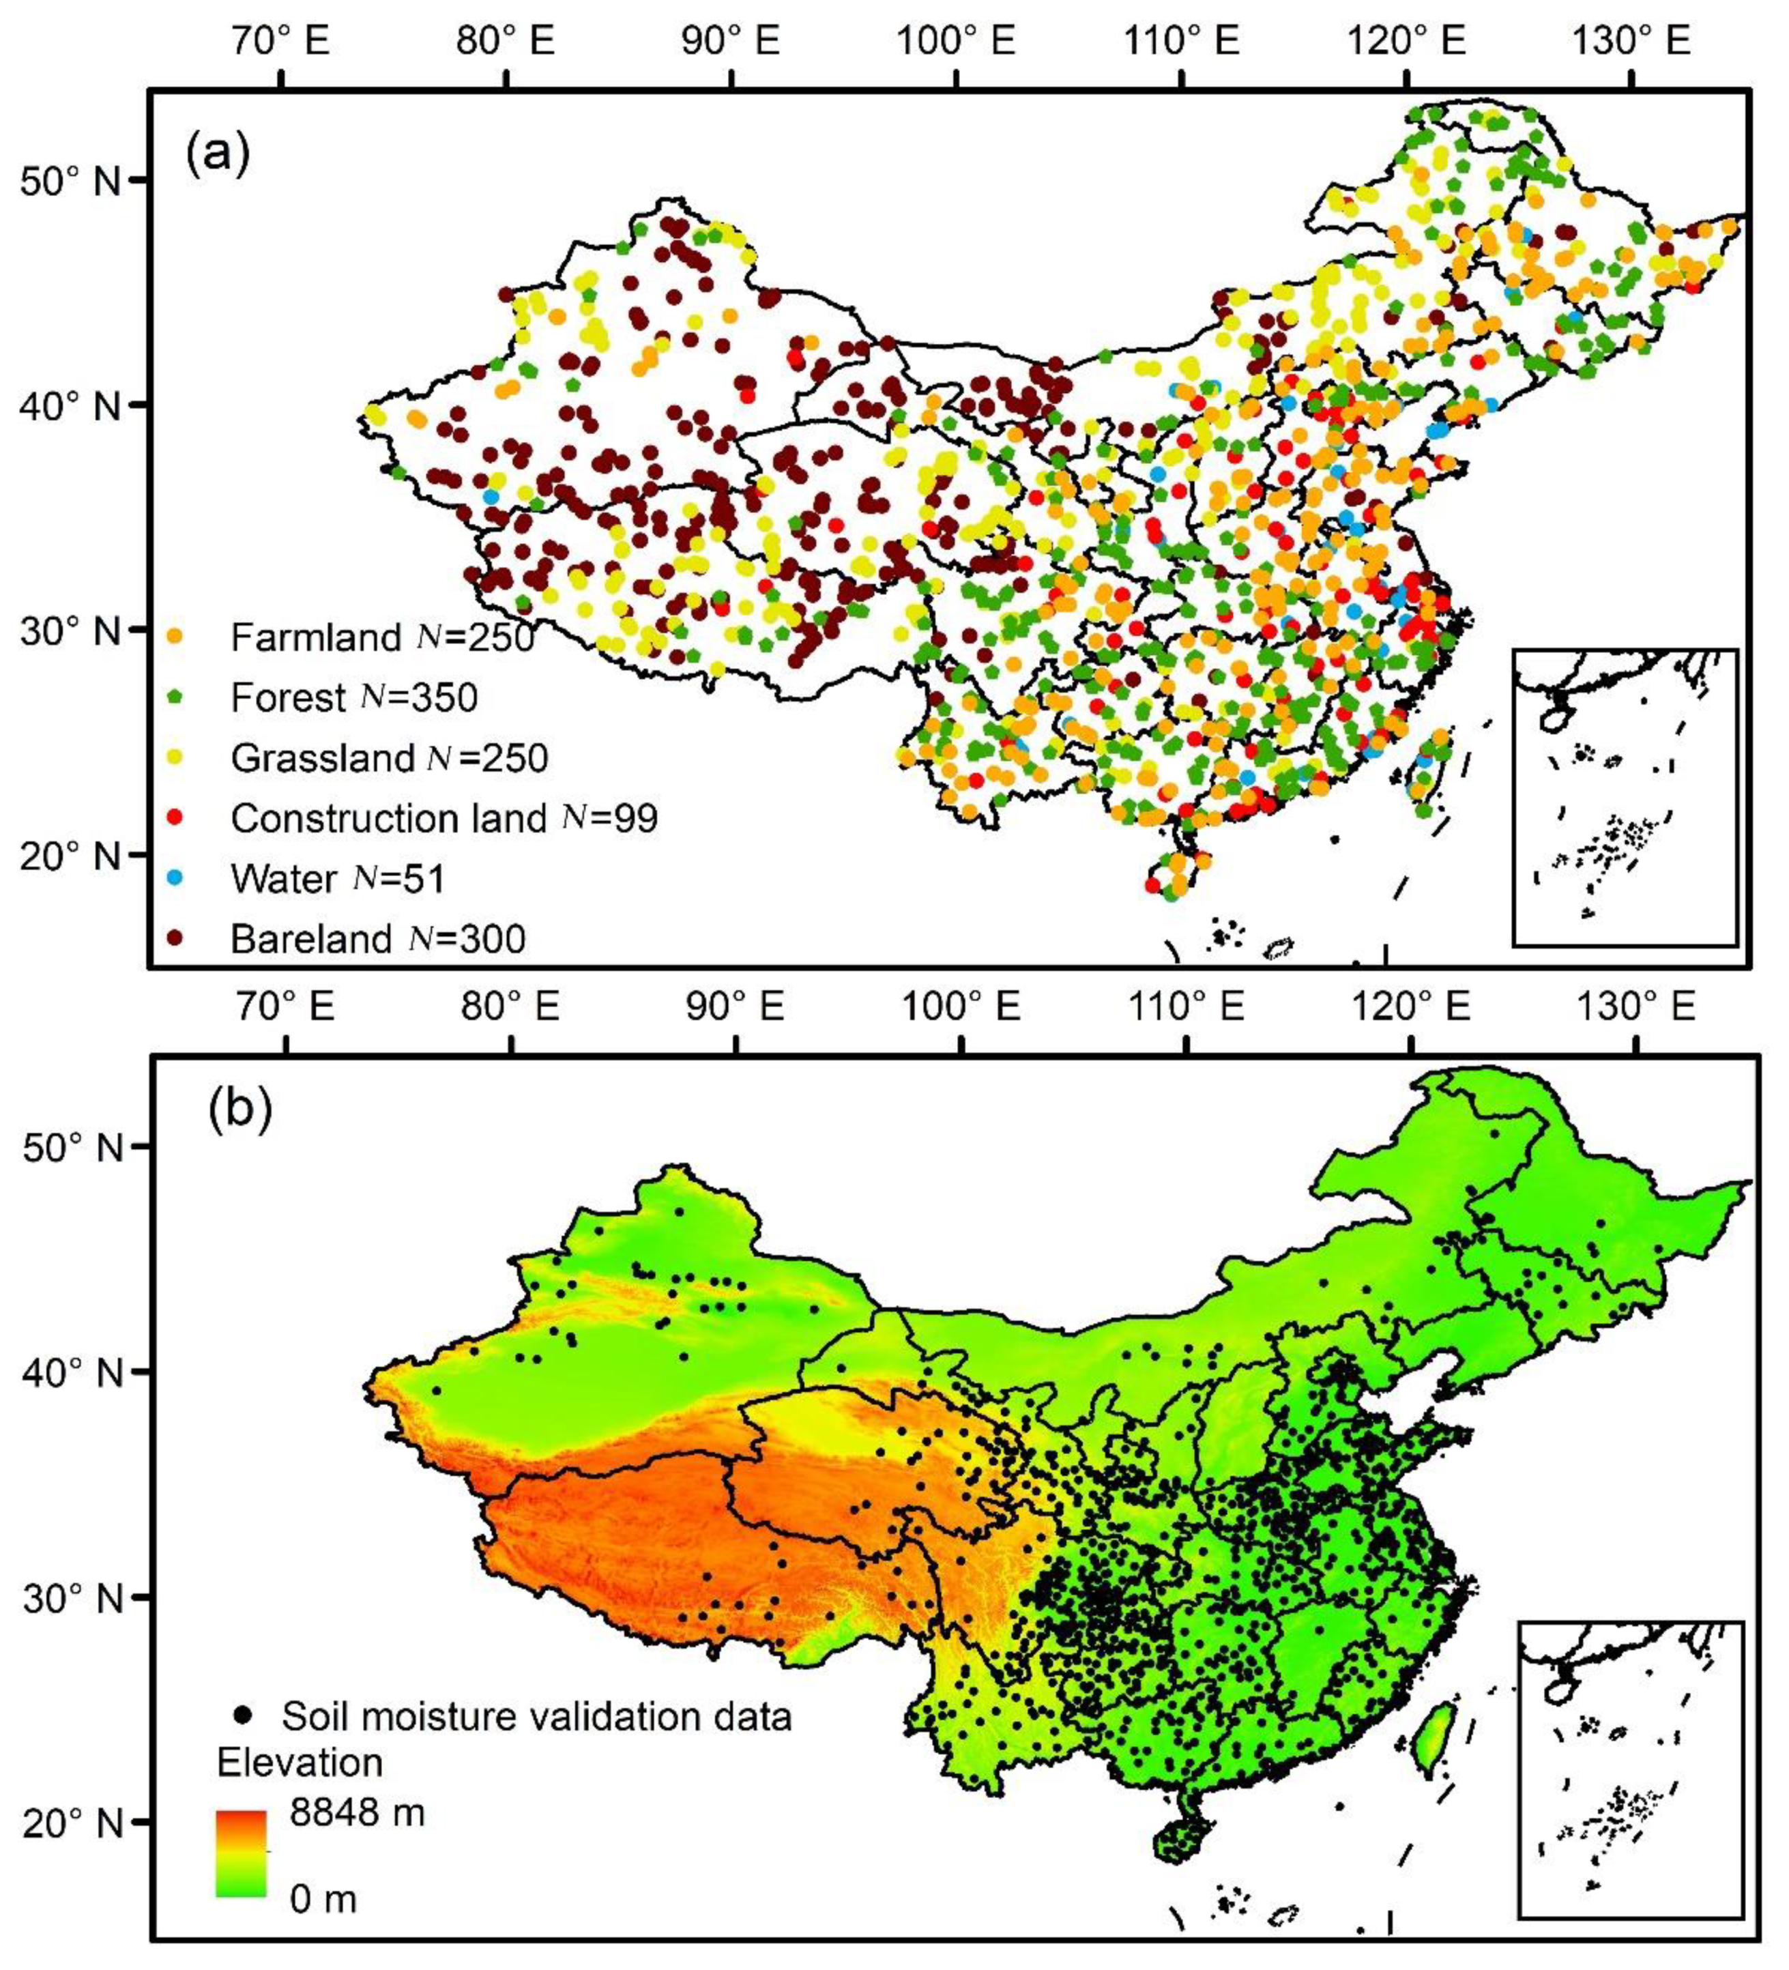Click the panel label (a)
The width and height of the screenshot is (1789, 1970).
[x=218, y=154]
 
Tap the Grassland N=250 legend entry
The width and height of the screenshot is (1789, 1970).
[x=389, y=758]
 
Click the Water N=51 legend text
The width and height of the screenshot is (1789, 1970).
[x=337, y=878]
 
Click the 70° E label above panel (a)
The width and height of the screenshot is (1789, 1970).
[x=281, y=41]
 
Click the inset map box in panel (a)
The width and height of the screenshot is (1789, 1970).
[x=1623, y=796]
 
